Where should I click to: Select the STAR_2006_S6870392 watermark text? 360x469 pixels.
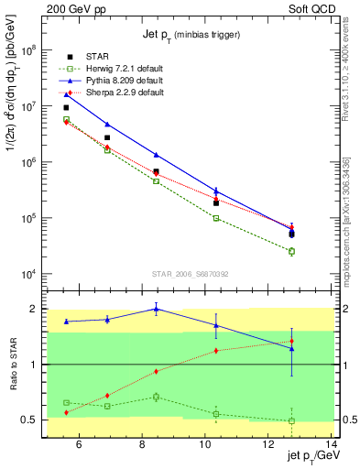tap(190, 273)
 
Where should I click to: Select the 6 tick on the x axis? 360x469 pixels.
tap(79, 445)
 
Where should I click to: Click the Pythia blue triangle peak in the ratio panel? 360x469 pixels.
tap(156, 309)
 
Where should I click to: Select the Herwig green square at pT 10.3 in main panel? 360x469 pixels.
tap(215, 218)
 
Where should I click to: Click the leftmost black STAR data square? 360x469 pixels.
tap(66, 107)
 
